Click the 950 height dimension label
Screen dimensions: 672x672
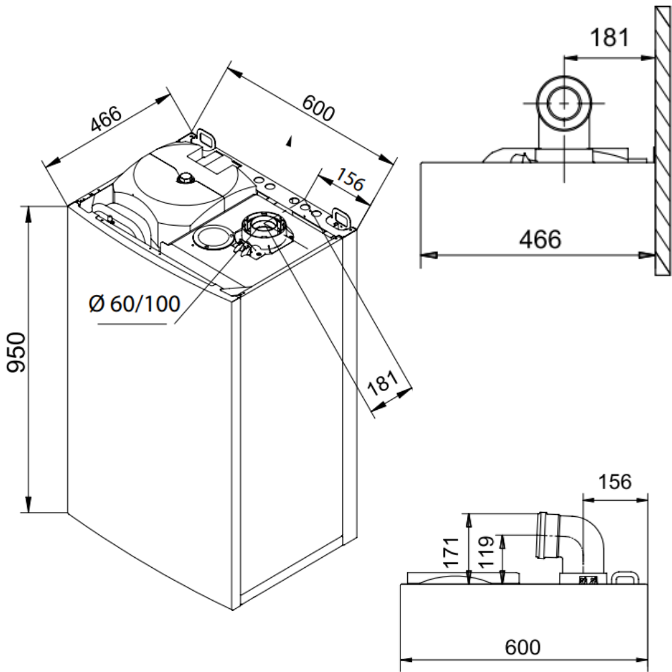click(x=17, y=352)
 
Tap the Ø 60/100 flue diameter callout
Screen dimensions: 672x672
click(x=134, y=304)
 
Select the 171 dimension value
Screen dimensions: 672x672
click(x=452, y=553)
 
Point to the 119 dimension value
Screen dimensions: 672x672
click(x=487, y=553)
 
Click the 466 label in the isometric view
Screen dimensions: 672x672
click(x=106, y=118)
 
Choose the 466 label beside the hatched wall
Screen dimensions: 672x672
click(x=540, y=239)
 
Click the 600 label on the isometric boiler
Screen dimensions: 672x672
click(x=318, y=108)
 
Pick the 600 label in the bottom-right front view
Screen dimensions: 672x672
click(x=522, y=647)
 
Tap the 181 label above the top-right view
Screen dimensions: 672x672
click(x=610, y=38)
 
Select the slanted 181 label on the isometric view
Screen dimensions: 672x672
click(x=384, y=382)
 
